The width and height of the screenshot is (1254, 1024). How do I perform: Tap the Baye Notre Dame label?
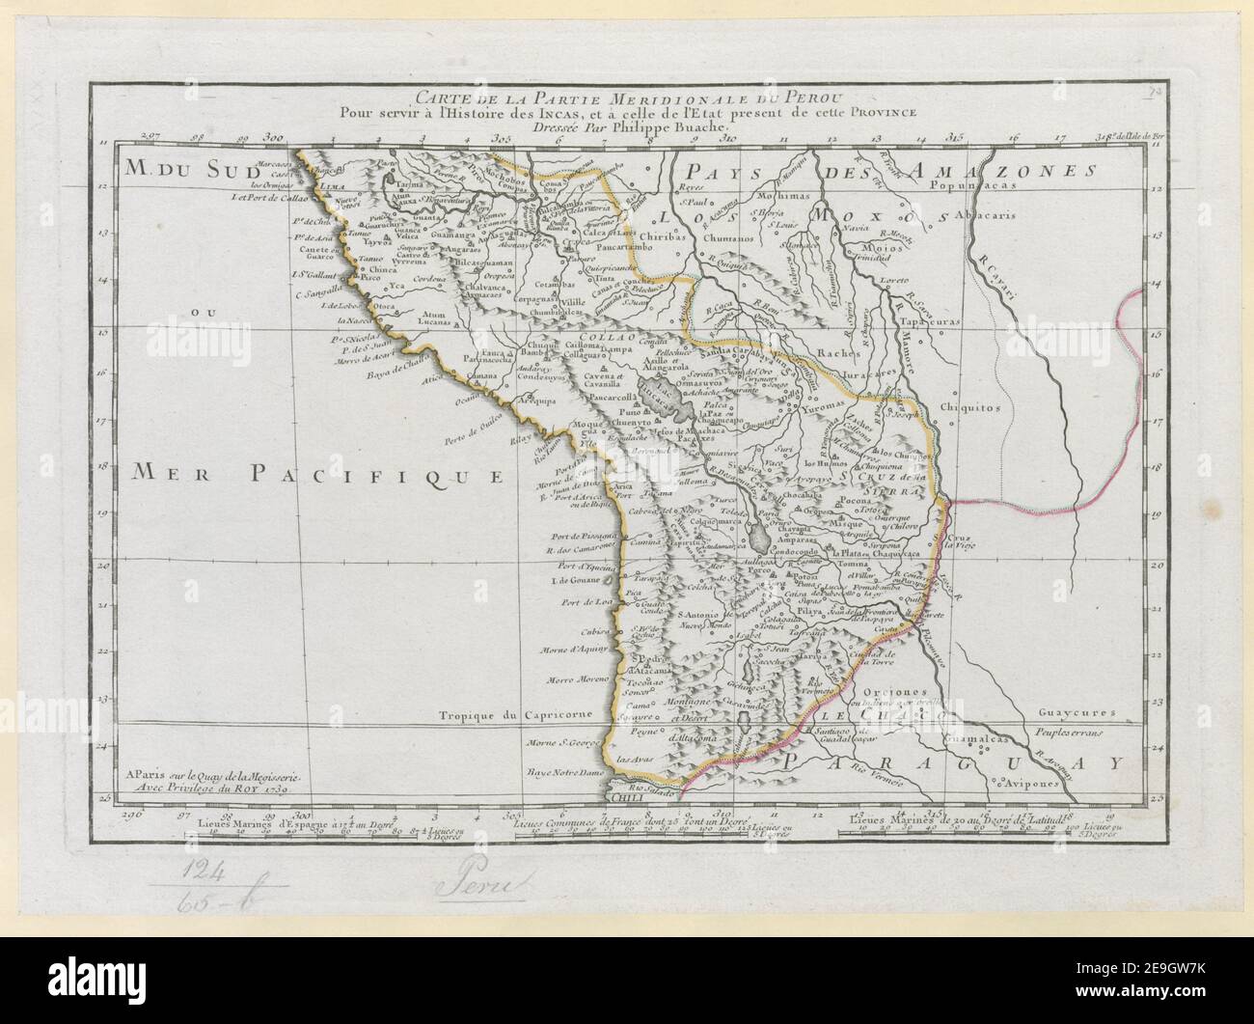[565, 773]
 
